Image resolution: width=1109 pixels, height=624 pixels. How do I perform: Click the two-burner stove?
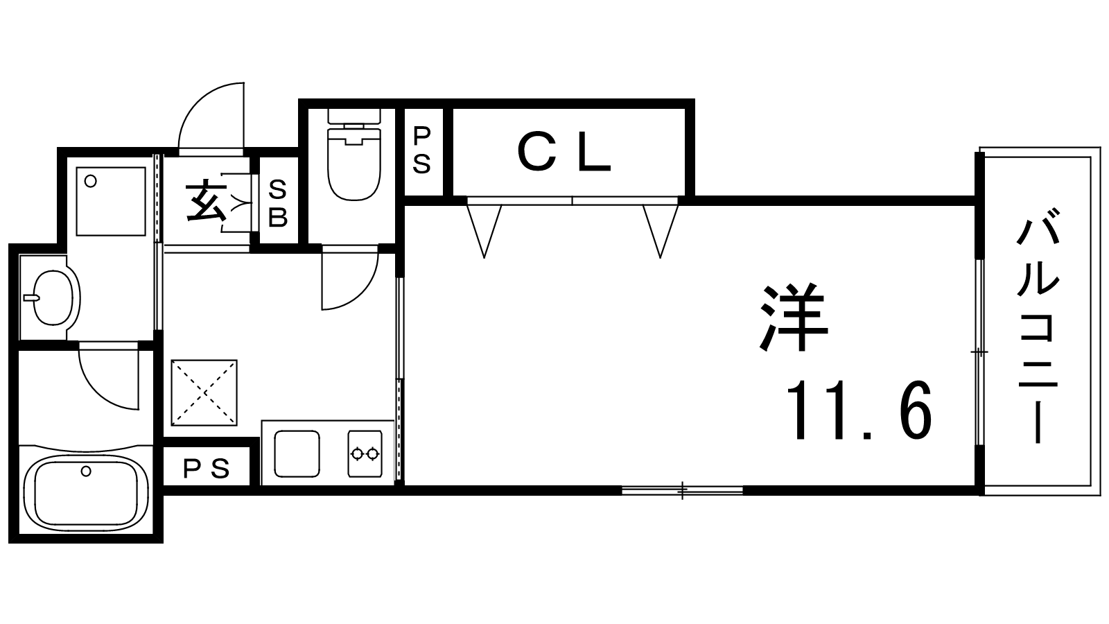pos(365,453)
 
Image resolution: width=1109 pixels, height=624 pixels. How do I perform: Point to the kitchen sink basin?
pos(297,453)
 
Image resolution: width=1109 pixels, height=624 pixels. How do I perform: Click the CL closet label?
pos(564,153)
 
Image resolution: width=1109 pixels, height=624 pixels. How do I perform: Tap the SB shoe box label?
pos(278,204)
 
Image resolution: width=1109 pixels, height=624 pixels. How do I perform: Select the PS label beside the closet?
pos(422,150)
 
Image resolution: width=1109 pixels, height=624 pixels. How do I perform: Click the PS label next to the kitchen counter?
pos(207,469)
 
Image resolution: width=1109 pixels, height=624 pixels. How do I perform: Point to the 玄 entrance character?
pos(207,202)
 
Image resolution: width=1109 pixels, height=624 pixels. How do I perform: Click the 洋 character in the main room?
pos(794,318)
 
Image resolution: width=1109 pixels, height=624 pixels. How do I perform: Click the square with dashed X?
pos(204,392)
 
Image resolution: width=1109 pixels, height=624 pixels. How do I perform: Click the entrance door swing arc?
pos(211,115)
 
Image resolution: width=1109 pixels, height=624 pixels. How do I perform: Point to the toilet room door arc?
pos(350,277)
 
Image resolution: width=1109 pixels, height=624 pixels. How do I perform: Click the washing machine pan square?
pos(111,201)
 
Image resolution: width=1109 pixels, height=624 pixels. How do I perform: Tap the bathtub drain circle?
pos(86,471)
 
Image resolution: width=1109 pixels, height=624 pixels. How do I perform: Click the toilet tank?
pos(354,116)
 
